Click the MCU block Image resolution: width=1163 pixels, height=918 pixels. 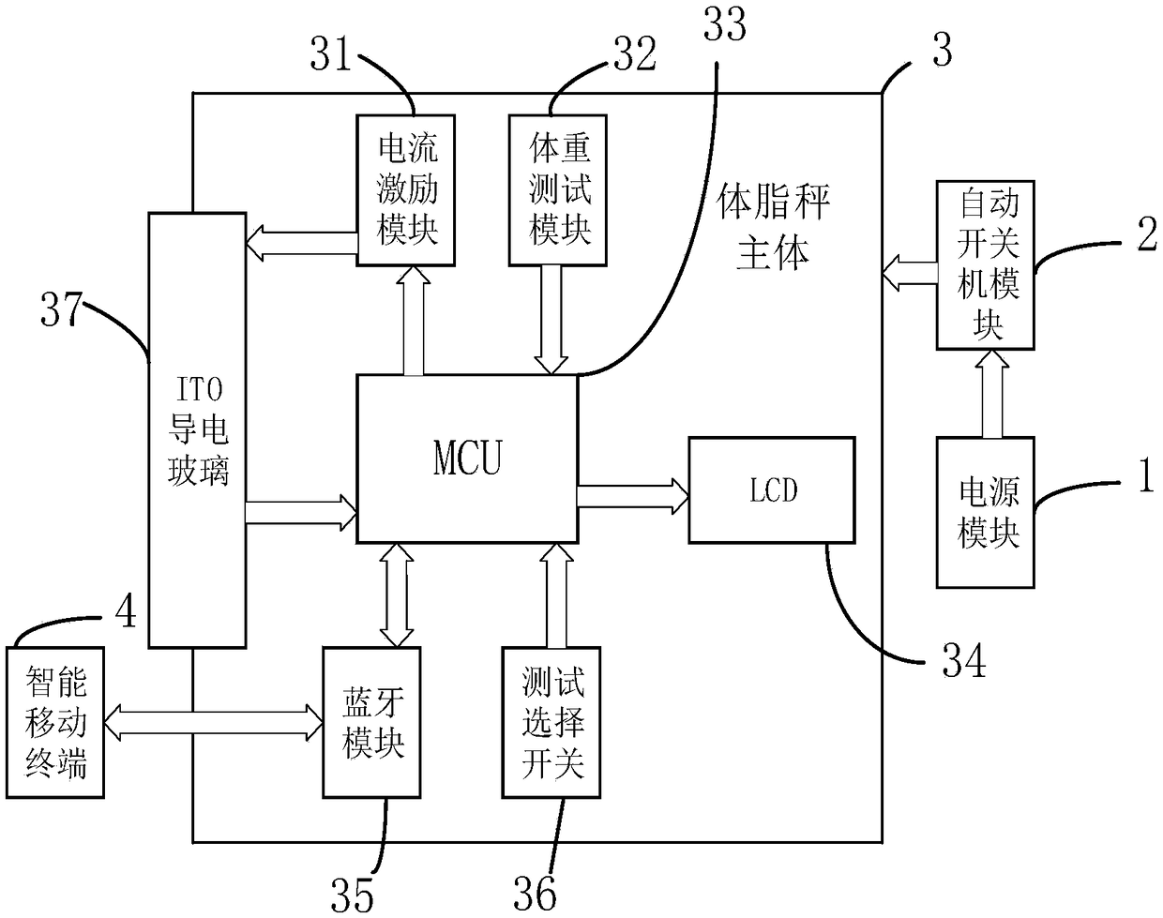(x=467, y=459)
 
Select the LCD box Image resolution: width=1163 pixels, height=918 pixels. (x=772, y=490)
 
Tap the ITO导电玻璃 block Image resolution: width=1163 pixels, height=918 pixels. (x=197, y=430)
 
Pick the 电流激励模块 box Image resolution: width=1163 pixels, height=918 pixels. (x=405, y=190)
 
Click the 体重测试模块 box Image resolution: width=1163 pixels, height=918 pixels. (x=558, y=190)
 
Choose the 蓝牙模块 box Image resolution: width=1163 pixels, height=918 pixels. (x=371, y=722)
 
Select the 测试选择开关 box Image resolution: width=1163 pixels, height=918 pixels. (x=551, y=722)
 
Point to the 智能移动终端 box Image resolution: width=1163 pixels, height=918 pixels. (x=55, y=722)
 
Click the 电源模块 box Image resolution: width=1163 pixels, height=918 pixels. (x=985, y=512)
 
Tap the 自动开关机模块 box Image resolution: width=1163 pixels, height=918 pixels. (x=985, y=265)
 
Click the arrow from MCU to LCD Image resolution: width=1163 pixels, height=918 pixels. (x=633, y=496)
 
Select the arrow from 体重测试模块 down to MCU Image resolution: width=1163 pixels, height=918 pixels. (x=551, y=320)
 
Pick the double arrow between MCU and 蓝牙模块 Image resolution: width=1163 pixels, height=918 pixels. (x=397, y=594)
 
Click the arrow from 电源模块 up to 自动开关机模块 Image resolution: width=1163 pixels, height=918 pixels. (x=991, y=393)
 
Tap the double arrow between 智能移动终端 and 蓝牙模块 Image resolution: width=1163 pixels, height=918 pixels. (x=214, y=722)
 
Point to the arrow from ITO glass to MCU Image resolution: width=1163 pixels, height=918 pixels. (x=301, y=513)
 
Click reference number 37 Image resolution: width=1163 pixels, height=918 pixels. (x=61, y=309)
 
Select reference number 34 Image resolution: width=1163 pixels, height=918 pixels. (x=964, y=660)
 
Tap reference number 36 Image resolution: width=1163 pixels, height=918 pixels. (x=535, y=894)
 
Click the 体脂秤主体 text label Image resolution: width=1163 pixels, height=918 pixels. (x=773, y=227)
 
